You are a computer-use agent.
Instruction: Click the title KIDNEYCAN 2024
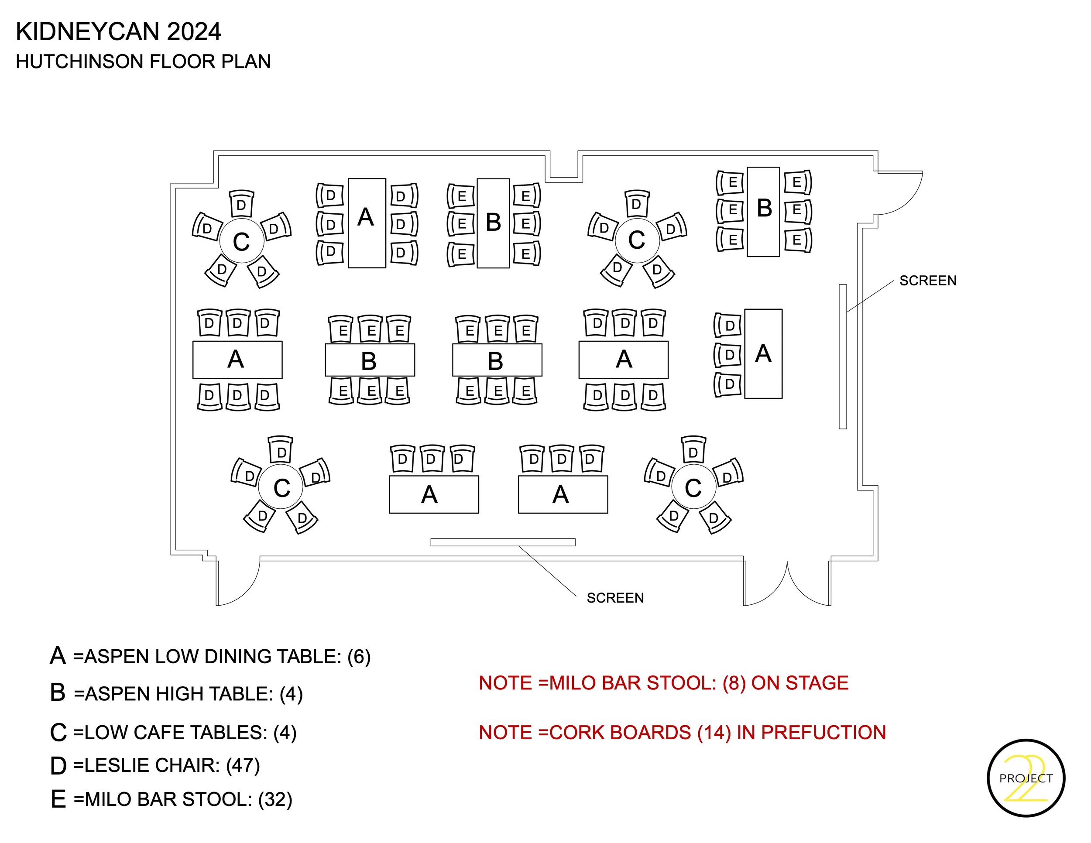click(x=118, y=32)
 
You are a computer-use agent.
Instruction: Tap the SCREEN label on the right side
click(x=928, y=281)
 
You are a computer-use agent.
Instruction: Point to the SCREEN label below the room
click(x=615, y=598)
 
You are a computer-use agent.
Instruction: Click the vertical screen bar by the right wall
click(x=843, y=356)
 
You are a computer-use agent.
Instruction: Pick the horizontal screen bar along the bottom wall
click(x=503, y=542)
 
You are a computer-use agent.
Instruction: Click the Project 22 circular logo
click(x=1026, y=778)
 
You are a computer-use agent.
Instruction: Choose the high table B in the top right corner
click(x=763, y=212)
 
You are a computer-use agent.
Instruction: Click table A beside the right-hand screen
click(x=763, y=353)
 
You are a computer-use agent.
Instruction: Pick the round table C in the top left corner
click(x=241, y=241)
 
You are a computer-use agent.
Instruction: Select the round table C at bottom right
click(x=693, y=487)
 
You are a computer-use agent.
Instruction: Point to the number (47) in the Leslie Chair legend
click(x=243, y=765)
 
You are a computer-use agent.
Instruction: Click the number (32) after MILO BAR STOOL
click(x=275, y=799)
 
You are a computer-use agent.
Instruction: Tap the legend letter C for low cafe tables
click(x=58, y=733)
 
